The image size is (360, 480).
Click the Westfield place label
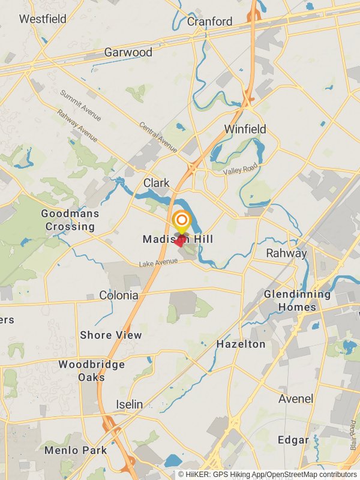43,19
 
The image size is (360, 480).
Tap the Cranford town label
209,22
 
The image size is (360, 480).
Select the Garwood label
128,52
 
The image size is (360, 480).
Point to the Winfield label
245,129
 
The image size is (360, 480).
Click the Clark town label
156,182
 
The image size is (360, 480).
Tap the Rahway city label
287,253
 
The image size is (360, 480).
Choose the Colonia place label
119,295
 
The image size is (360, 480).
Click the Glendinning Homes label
297,301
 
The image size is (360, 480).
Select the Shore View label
111,335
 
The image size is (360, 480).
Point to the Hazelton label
241,344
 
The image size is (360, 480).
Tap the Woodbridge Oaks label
92,371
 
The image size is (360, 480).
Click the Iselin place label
130,404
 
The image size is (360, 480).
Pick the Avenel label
296,398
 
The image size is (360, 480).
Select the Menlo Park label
76,450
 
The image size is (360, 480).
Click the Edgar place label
293,440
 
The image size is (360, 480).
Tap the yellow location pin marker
181,221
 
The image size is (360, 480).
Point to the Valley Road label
241,170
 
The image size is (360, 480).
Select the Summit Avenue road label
80,104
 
